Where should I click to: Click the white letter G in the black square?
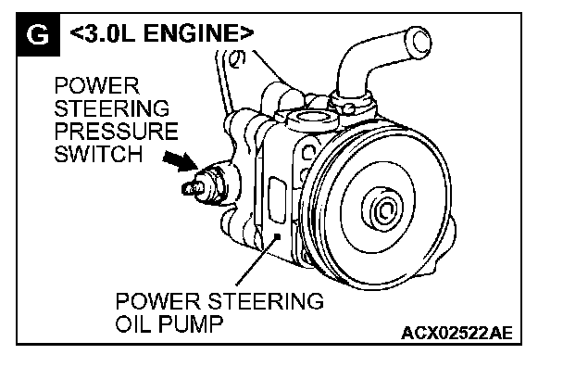38,35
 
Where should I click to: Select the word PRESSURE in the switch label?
117,131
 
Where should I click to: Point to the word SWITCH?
98,154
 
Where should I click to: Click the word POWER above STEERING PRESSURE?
96,86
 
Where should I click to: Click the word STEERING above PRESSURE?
112,108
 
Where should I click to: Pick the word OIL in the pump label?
133,323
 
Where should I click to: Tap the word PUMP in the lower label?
191,323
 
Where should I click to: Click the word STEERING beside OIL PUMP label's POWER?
266,301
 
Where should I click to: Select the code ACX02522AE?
457,333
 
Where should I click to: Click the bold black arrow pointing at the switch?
181,160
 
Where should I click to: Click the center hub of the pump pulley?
383,209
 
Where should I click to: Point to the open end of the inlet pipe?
420,43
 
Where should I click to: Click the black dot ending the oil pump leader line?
277,236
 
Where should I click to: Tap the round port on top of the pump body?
311,120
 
